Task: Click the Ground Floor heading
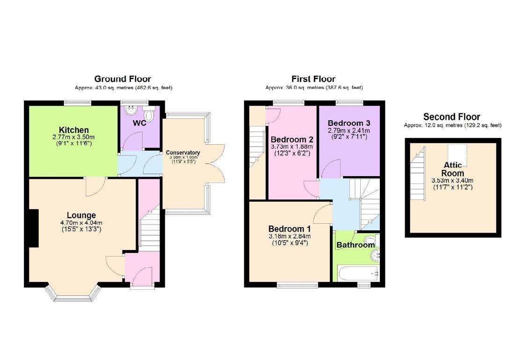(123, 79)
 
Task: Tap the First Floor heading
(313, 79)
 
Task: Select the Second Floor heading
(451, 117)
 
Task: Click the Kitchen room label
(73, 130)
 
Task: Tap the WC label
(140, 124)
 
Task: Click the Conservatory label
(183, 153)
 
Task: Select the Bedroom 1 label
(289, 228)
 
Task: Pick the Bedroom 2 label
(292, 140)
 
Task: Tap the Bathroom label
(356, 245)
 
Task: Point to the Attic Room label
(453, 169)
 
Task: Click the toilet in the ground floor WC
(149, 114)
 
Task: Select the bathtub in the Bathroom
(359, 272)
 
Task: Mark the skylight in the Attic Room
(457, 153)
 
